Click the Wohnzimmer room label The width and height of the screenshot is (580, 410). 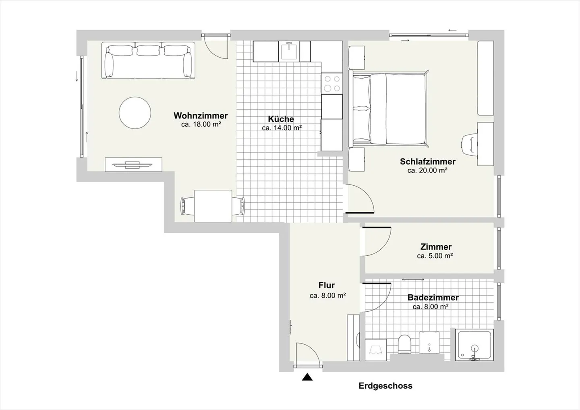pyautogui.click(x=201, y=116)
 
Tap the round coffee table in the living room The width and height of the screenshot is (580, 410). pyautogui.click(x=135, y=113)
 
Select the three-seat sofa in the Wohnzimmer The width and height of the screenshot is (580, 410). pyautogui.click(x=148, y=60)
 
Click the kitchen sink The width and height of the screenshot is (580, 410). pyautogui.click(x=289, y=51)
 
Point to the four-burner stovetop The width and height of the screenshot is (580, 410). pyautogui.click(x=332, y=83)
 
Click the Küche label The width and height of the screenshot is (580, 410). pyautogui.click(x=281, y=119)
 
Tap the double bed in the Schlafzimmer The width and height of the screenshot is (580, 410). pyautogui.click(x=388, y=108)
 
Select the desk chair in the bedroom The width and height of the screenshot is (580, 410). pyautogui.click(x=470, y=144)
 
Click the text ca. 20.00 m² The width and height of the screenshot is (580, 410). pyautogui.click(x=427, y=170)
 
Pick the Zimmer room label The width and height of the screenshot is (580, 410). pyautogui.click(x=436, y=246)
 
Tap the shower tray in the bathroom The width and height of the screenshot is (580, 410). pyautogui.click(x=474, y=345)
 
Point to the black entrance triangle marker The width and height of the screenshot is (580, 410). pyautogui.click(x=307, y=377)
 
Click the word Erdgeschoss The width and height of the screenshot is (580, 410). pyautogui.click(x=385, y=386)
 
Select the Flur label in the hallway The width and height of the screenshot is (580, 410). pyautogui.click(x=327, y=285)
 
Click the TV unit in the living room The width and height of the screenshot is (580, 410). pyautogui.click(x=134, y=164)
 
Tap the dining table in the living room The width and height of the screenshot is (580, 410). pyautogui.click(x=213, y=206)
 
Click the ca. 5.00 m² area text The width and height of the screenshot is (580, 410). pyautogui.click(x=435, y=256)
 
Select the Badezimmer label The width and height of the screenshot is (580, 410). pyautogui.click(x=433, y=297)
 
